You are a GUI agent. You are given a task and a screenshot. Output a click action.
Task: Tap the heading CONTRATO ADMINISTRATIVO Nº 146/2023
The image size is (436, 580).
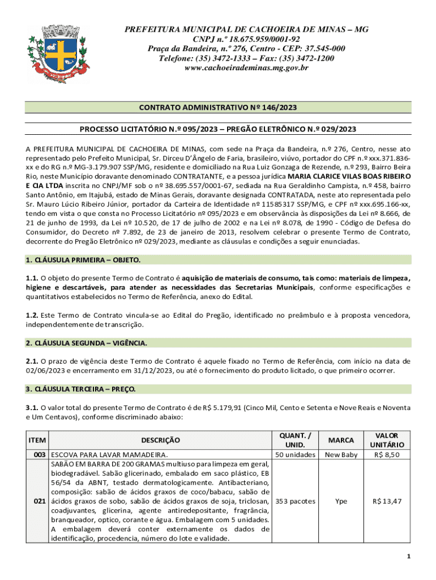(218, 108)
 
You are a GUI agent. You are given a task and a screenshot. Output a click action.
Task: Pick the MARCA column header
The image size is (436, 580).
(341, 440)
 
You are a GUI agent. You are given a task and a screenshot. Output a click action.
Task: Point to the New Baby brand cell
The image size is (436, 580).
(341, 454)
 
